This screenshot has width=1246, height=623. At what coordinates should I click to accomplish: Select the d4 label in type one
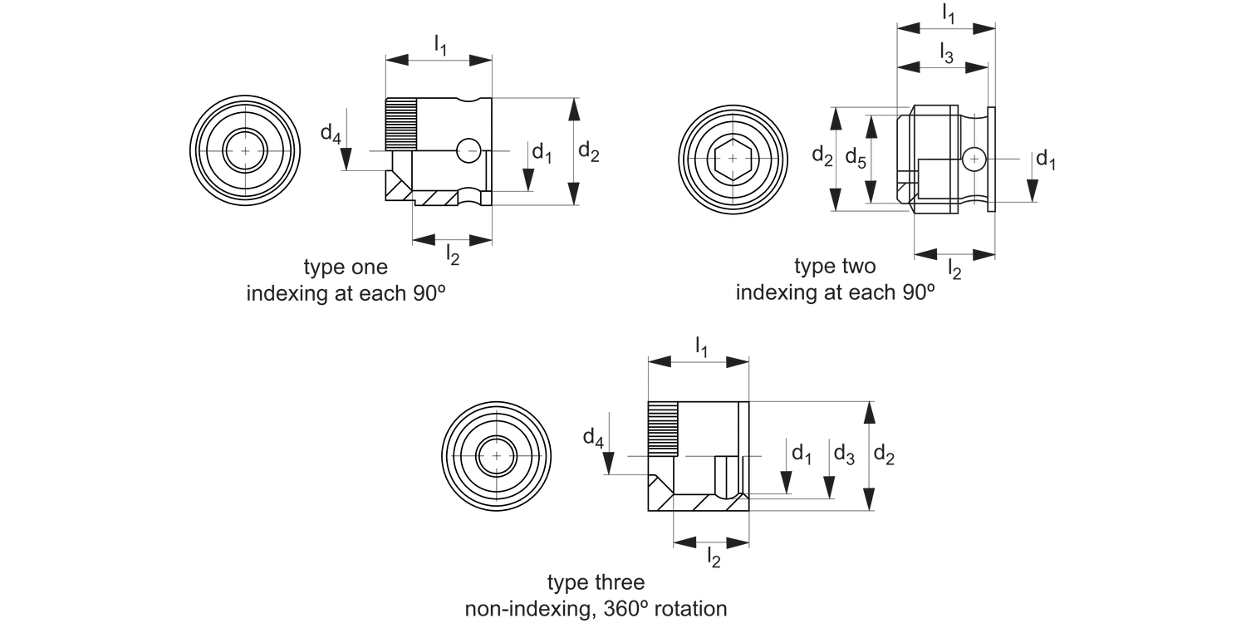coord(331,133)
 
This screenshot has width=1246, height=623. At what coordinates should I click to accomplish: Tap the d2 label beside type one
coord(588,151)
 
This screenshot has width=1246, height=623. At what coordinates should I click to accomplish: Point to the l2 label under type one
coord(453,253)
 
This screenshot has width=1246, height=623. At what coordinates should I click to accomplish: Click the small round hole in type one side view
coord(468,150)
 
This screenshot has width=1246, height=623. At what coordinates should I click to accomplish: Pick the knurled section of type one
coord(400,124)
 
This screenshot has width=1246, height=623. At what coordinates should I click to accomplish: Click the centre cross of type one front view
coord(245,150)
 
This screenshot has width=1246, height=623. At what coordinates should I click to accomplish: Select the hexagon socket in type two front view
coord(732,157)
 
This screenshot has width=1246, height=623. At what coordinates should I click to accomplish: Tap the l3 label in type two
coord(947,54)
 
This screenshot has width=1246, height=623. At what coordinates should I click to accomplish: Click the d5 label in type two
coord(856,158)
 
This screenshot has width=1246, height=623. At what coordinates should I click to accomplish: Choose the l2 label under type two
coord(955,267)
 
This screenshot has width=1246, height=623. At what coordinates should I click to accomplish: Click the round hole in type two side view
coord(974,158)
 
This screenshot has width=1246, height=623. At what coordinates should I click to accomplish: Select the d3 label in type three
coord(844,454)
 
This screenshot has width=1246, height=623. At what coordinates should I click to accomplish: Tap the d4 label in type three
coord(592,438)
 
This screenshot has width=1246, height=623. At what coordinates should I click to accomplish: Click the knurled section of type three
coord(664,429)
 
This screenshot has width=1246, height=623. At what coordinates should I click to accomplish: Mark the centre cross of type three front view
coord(497,456)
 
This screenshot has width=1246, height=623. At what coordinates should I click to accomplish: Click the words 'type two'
coord(835,267)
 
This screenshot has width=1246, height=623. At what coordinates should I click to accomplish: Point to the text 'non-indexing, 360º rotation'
coord(596,609)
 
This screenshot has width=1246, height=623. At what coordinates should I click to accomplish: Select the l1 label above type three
coord(702,348)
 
